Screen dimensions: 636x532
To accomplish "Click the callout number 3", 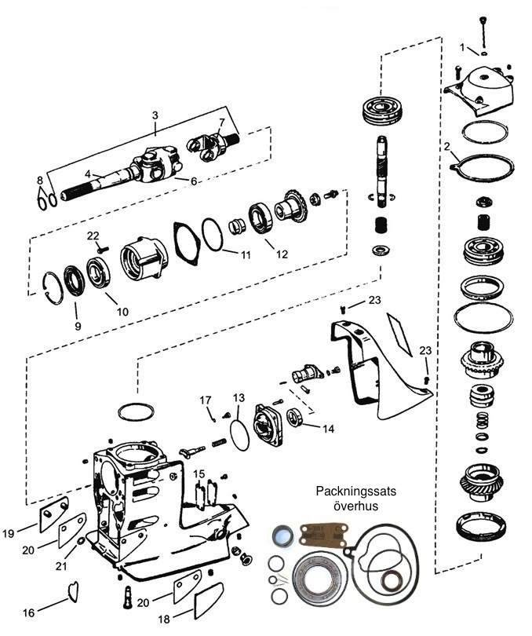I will tap(155, 115).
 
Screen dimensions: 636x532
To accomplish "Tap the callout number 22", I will tap(93, 235).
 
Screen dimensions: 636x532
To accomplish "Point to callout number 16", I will tap(29, 612).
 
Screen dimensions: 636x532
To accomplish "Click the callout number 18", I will tap(163, 619).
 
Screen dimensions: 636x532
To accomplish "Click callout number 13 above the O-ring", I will tap(239, 398).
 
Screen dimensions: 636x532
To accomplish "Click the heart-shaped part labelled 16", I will tap(73, 590).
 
